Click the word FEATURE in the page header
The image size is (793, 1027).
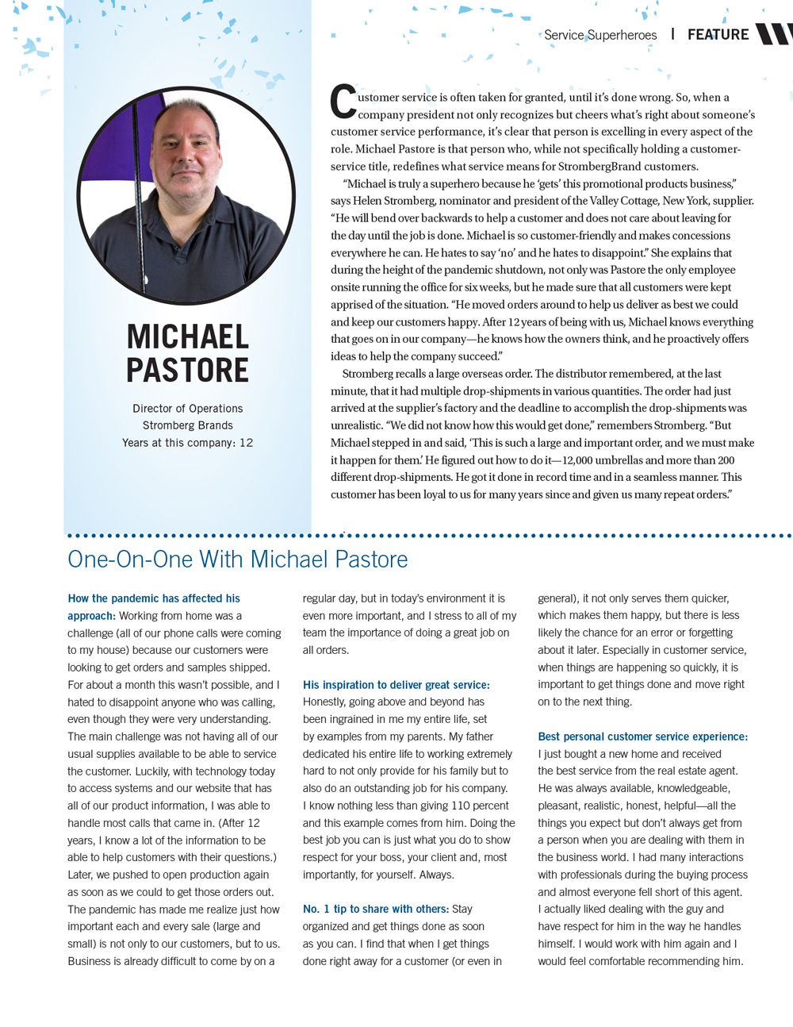click(x=718, y=35)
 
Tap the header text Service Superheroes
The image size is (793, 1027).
click(x=600, y=35)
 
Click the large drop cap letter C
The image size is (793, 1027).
click(x=343, y=102)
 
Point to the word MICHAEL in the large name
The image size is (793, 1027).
click(x=188, y=337)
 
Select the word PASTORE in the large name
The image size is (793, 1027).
click(x=188, y=371)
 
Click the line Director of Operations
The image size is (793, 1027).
click(x=188, y=409)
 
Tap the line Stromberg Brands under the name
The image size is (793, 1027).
click(x=188, y=425)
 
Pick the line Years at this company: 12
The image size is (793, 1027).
click(x=188, y=443)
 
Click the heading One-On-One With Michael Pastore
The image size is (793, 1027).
click(x=238, y=560)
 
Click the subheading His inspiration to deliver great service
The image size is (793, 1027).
click(x=396, y=685)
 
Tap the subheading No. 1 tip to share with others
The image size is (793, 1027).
click(x=375, y=910)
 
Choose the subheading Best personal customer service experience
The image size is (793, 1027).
click(x=642, y=737)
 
